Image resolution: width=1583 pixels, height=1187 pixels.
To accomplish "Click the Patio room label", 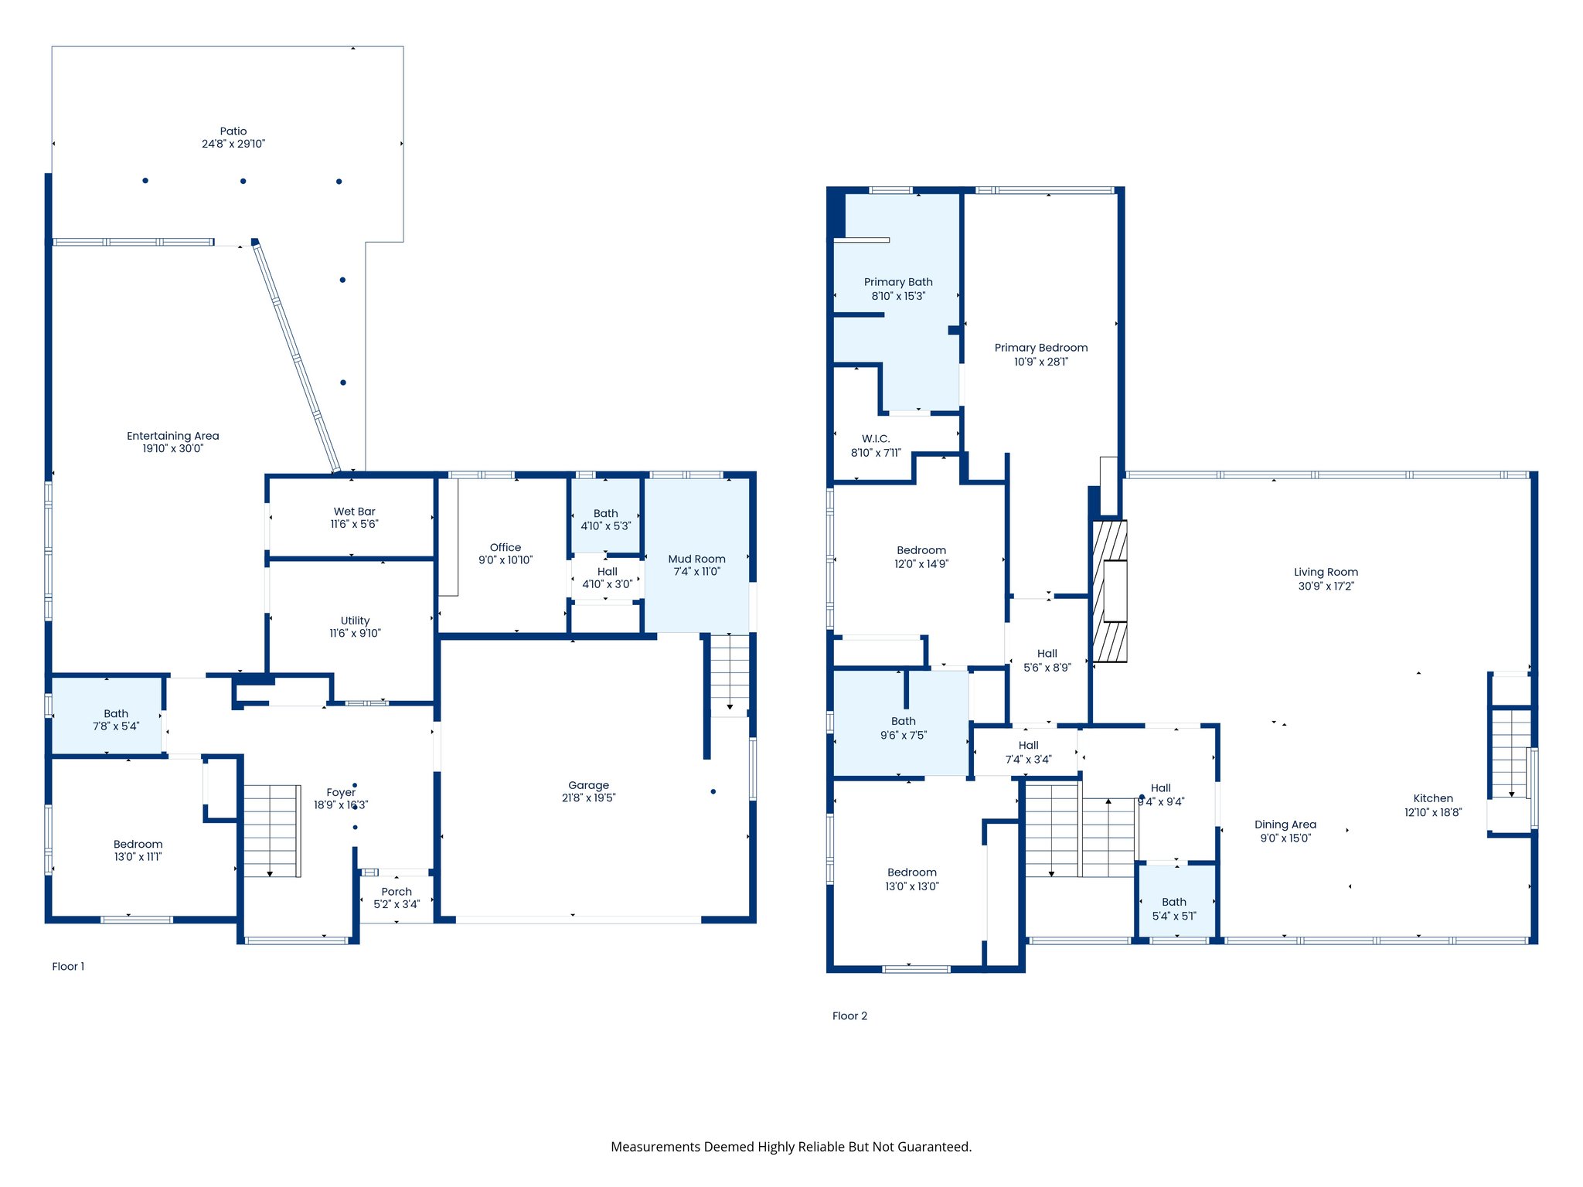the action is (233, 131).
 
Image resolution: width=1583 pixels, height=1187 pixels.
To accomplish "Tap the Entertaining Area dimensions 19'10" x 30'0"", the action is (173, 448).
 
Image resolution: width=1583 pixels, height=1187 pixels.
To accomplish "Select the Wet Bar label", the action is (355, 512).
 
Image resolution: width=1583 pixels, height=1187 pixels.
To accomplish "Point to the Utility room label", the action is (356, 621).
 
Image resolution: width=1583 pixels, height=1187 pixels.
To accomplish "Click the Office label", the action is (506, 547).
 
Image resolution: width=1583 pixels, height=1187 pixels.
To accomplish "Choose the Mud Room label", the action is (697, 559).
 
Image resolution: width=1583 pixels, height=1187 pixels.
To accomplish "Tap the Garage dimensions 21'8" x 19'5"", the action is (589, 798).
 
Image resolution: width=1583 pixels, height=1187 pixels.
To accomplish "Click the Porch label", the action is (397, 892).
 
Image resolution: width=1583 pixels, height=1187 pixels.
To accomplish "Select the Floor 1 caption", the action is (68, 966).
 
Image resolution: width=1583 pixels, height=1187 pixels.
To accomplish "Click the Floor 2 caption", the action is (849, 1015).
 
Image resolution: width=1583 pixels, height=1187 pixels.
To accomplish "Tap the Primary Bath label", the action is (898, 282).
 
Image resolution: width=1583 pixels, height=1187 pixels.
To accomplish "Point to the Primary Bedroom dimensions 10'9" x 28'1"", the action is (1041, 362).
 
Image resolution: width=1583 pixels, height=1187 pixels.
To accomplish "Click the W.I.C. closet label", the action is (876, 439).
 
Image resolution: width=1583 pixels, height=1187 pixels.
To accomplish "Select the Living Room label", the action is (1326, 572).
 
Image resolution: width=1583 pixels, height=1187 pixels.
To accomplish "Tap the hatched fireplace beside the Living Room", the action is (1109, 591).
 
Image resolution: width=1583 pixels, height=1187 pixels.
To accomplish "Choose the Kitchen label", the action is (1433, 798).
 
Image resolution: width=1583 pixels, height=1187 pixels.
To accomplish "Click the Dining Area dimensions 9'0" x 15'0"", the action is (1285, 838).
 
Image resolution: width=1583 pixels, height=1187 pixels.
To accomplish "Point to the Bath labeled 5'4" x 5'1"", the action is (1175, 902).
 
